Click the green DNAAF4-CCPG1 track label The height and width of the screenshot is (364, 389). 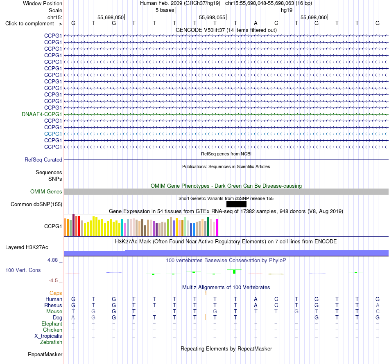42,114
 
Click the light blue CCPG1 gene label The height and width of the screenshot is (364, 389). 53,134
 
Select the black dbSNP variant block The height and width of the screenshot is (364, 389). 236,204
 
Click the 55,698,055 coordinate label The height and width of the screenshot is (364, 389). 212,17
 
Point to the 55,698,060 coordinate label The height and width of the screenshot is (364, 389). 314,17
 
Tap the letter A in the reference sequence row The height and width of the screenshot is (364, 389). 256,23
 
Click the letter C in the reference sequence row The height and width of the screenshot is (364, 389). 276,23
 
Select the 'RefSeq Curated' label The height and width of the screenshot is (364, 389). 43,160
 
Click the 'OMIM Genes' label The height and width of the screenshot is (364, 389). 46,191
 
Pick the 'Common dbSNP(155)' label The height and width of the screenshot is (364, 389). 36,204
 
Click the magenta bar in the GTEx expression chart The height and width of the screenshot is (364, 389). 217,227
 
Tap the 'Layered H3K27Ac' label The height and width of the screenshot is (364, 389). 27,247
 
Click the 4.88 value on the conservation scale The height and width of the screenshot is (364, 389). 52,260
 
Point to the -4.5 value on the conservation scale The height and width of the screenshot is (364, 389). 53,281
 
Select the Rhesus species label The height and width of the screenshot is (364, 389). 53,305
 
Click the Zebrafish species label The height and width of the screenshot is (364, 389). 51,342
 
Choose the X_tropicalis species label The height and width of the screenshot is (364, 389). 48,336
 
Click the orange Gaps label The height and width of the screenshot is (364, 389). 56,293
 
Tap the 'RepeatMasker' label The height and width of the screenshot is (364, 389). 45,354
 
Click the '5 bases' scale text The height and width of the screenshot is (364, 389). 165,10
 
